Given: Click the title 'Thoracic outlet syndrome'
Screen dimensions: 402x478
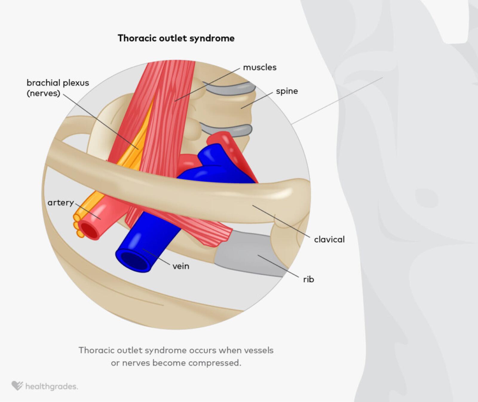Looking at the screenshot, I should [176, 38].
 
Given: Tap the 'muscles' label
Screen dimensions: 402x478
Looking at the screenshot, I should [260, 68].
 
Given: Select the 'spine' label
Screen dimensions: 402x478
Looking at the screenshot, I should [287, 91].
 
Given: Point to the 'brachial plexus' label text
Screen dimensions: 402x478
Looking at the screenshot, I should [58, 83].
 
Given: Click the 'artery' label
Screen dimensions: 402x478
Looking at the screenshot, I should [61, 203].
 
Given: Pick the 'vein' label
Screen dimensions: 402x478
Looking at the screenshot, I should [181, 266].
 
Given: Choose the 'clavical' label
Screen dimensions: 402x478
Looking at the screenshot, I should [329, 239].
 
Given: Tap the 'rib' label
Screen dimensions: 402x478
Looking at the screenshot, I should [308, 279].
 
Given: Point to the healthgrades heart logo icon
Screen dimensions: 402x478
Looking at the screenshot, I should [17, 386].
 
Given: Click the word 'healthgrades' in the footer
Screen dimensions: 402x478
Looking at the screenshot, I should [51, 386].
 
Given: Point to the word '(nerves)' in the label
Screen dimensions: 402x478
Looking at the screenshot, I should [43, 93].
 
